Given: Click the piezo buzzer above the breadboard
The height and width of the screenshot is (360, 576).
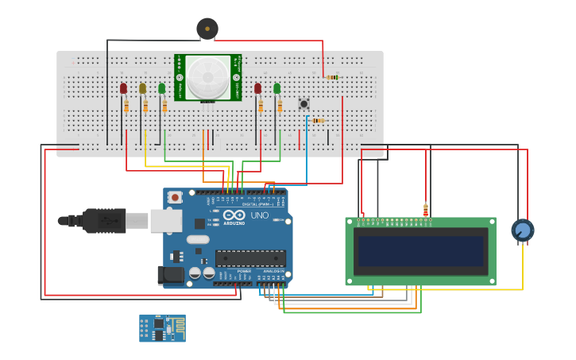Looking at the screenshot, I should click(x=207, y=29).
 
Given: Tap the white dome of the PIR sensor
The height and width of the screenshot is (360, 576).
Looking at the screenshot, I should click(x=208, y=77).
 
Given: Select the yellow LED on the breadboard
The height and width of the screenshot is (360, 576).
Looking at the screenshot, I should click(x=143, y=89).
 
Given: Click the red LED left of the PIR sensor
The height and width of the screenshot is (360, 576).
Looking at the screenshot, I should click(x=123, y=88).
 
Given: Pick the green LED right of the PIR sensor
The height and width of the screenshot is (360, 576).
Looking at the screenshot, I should click(x=277, y=88).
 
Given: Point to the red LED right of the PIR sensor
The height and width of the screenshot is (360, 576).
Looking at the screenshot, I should click(x=257, y=88).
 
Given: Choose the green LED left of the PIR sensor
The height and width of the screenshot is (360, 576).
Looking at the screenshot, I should click(x=162, y=88).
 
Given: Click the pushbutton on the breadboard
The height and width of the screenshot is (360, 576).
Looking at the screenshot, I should click(x=303, y=104).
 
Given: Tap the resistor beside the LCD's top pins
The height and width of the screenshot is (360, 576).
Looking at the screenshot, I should click(x=426, y=211).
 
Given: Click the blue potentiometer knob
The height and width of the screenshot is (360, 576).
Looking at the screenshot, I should click(x=522, y=230).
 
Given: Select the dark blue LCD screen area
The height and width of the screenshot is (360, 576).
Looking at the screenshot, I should click(x=420, y=251).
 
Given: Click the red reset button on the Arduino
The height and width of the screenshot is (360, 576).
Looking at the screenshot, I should click(x=175, y=196).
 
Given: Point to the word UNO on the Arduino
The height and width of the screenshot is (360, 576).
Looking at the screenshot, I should click(x=260, y=215).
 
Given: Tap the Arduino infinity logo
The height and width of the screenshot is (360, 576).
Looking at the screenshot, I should click(x=234, y=215).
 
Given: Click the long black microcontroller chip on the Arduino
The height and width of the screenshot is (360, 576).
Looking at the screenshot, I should click(x=249, y=258).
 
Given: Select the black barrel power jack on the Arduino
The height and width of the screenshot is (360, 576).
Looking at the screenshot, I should click(x=170, y=275).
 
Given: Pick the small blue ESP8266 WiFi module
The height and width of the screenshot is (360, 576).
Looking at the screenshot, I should click(x=162, y=327).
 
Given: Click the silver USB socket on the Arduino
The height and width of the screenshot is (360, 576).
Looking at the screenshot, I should click(x=166, y=220).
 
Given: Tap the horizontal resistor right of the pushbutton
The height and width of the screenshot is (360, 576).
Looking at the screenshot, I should click(x=318, y=121).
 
